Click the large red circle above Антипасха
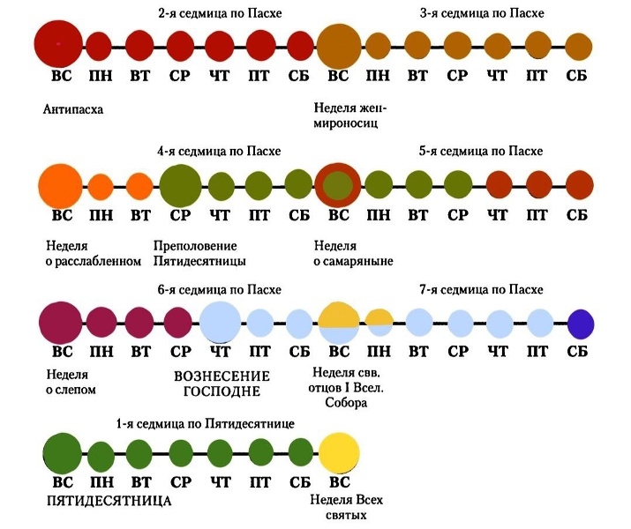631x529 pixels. (x=58, y=43)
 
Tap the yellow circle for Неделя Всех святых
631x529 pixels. (x=339, y=453)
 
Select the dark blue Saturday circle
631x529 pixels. (x=581, y=324)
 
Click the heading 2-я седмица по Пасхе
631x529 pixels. (x=220, y=13)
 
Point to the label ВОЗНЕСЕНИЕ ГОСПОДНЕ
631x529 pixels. (x=222, y=384)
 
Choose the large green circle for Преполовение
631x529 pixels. (x=180, y=186)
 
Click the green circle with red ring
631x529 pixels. (x=338, y=186)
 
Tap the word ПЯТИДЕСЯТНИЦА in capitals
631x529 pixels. (x=109, y=501)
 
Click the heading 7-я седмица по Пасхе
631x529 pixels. (x=481, y=289)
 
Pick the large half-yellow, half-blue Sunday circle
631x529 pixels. (x=339, y=324)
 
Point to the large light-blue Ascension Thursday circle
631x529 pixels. (x=220, y=323)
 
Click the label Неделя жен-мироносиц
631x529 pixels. (x=350, y=115)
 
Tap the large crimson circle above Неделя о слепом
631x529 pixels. (x=60, y=323)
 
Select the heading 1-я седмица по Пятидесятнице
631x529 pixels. (x=206, y=424)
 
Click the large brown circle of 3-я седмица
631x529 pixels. (x=339, y=46)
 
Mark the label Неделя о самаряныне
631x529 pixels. (x=353, y=253)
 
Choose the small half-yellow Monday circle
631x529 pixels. (x=379, y=323)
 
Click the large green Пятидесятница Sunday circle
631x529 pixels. (x=63, y=453)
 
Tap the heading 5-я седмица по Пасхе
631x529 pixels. (x=481, y=151)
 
